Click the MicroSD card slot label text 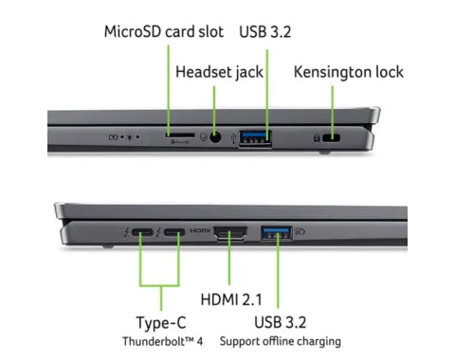163,31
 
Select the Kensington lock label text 349,71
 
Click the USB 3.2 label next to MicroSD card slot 266,31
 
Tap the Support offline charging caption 281,340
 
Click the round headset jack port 218,137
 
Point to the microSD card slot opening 176,136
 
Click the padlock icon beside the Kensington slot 316,138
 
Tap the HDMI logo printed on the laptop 200,231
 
